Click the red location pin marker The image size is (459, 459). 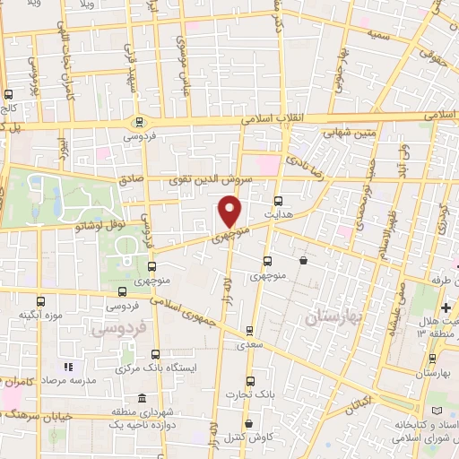point(230,211)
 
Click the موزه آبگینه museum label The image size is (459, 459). point(40,315)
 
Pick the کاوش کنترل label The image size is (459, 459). point(250,437)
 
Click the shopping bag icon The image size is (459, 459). point(304,261)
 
